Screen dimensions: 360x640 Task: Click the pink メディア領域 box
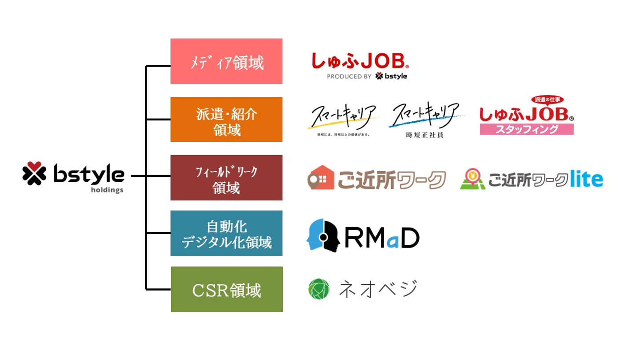click(x=226, y=61)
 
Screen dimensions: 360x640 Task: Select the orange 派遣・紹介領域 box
click(x=226, y=120)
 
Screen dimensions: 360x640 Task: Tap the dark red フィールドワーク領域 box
click(x=226, y=178)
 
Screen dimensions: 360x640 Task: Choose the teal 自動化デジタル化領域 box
click(x=226, y=233)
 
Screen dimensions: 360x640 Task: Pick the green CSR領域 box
click(x=227, y=289)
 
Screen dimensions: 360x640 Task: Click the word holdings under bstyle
click(x=107, y=190)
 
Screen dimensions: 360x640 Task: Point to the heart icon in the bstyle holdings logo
click(x=34, y=174)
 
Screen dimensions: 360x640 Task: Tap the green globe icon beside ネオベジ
click(x=319, y=289)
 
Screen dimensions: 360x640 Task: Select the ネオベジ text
click(x=378, y=289)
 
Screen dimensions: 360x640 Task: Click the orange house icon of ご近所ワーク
click(x=320, y=178)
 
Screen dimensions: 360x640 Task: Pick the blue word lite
click(x=586, y=179)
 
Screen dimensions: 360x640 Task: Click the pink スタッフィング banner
click(x=527, y=129)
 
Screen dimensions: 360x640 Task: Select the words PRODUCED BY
click(x=349, y=76)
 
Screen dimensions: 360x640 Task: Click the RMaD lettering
click(x=381, y=239)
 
